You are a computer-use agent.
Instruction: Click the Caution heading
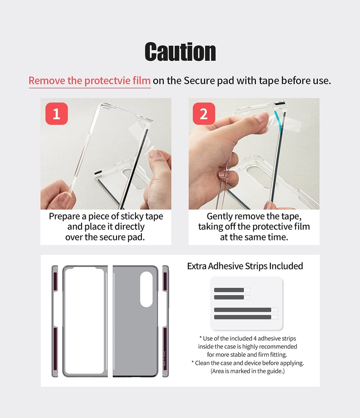[x=180, y=52]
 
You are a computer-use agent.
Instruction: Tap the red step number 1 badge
[x=56, y=113]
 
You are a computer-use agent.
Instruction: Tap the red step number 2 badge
[x=203, y=113]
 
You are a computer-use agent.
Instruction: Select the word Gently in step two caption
[x=221, y=216]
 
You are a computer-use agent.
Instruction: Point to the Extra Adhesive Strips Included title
[x=245, y=266]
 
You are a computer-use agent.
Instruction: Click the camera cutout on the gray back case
[x=146, y=289]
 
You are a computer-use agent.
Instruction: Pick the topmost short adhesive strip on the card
[x=229, y=290]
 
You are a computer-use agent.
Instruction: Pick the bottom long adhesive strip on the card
[x=243, y=317]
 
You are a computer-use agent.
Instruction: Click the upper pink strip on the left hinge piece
[x=55, y=281]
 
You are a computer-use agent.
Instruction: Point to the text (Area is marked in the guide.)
[x=248, y=371]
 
